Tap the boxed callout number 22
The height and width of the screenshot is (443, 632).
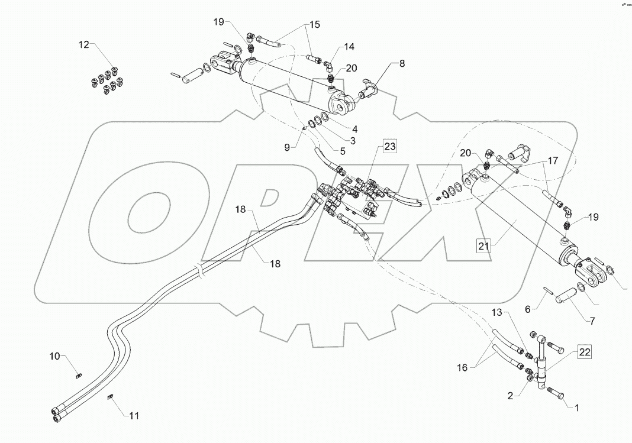[583, 352]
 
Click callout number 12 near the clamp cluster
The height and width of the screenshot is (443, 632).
[84, 44]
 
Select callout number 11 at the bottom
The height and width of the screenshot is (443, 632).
[134, 416]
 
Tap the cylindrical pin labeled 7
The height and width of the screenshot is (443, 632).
[565, 296]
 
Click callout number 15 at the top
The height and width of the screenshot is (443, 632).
[314, 24]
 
